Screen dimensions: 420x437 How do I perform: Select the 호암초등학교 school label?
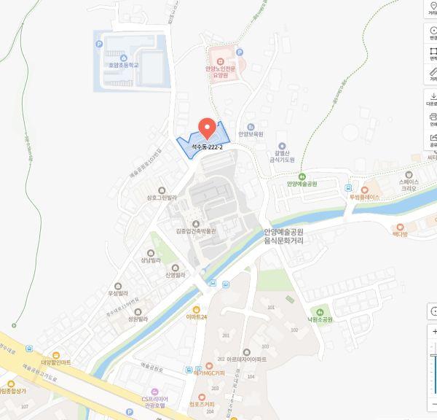point(122,64)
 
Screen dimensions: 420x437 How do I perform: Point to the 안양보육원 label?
point(250,134)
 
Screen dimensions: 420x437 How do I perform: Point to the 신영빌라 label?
point(176,275)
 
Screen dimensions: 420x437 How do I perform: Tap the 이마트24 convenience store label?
point(197,317)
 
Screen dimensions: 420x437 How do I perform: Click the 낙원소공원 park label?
point(318,319)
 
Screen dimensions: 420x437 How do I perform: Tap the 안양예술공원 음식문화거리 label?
point(283,236)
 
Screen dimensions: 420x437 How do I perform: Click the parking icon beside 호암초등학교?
point(99,44)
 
